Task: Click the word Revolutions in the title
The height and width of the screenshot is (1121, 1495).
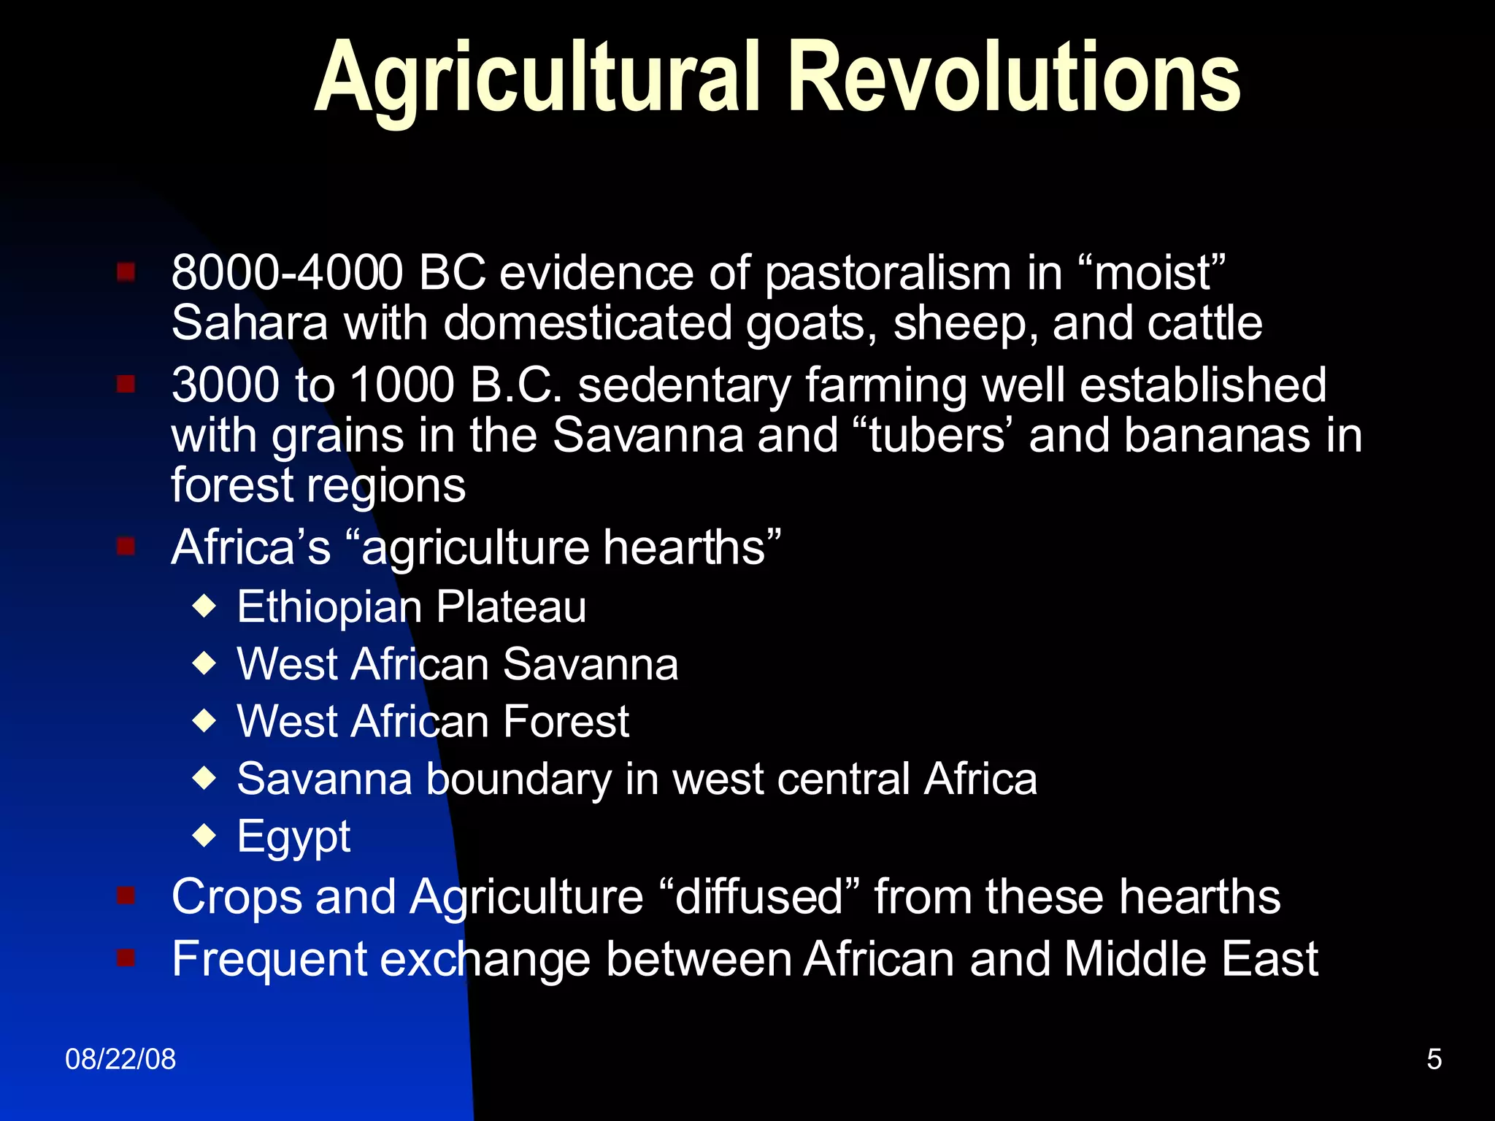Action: coord(1015,77)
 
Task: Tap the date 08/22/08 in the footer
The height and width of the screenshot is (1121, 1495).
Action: coord(120,1059)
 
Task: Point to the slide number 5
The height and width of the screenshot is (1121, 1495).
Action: coord(1434,1059)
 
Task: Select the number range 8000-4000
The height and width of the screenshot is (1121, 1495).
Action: coord(287,273)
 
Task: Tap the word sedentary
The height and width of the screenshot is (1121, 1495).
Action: coord(684,385)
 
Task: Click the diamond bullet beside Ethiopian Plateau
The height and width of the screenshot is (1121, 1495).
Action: coord(205,606)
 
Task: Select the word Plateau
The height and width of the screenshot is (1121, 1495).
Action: coord(511,606)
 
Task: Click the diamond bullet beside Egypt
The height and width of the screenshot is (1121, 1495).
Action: coord(205,835)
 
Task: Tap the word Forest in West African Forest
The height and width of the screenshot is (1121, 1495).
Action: coord(566,721)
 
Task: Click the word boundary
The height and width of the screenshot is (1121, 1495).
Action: coord(518,779)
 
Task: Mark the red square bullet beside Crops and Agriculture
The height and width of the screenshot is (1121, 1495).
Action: coord(126,895)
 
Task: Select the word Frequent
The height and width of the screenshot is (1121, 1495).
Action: coord(269,959)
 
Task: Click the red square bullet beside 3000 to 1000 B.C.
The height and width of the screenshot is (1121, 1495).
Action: coord(126,383)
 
